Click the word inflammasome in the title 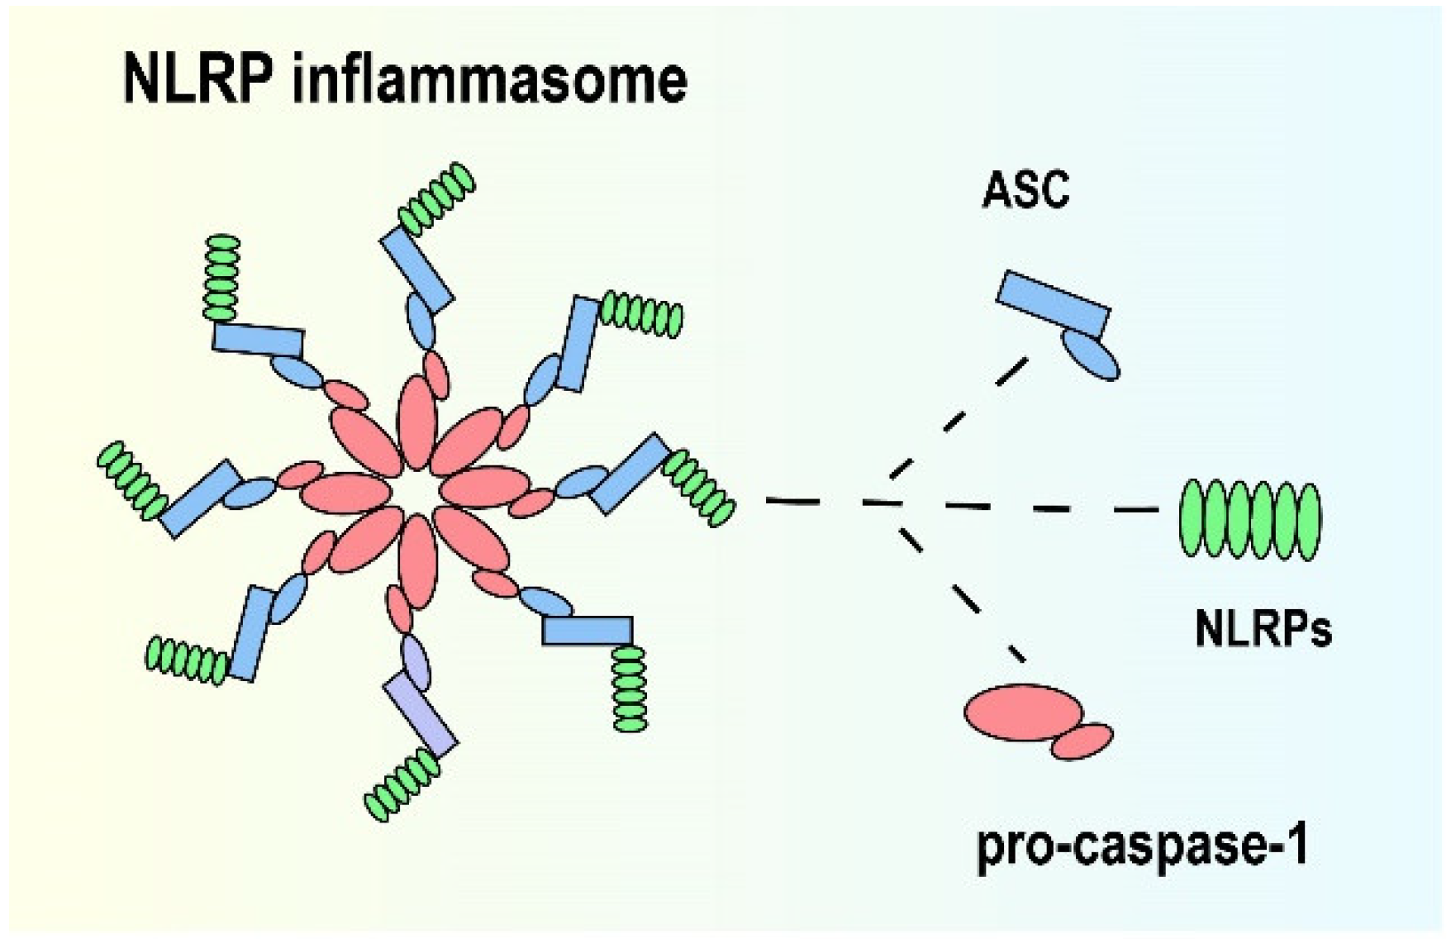489,80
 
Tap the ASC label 1025,190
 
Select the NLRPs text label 1263,631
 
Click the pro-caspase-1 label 1143,846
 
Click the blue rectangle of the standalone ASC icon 1054,303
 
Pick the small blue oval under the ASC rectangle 1090,355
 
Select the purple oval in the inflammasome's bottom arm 416,661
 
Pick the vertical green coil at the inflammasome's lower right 630,688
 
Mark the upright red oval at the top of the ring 418,417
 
